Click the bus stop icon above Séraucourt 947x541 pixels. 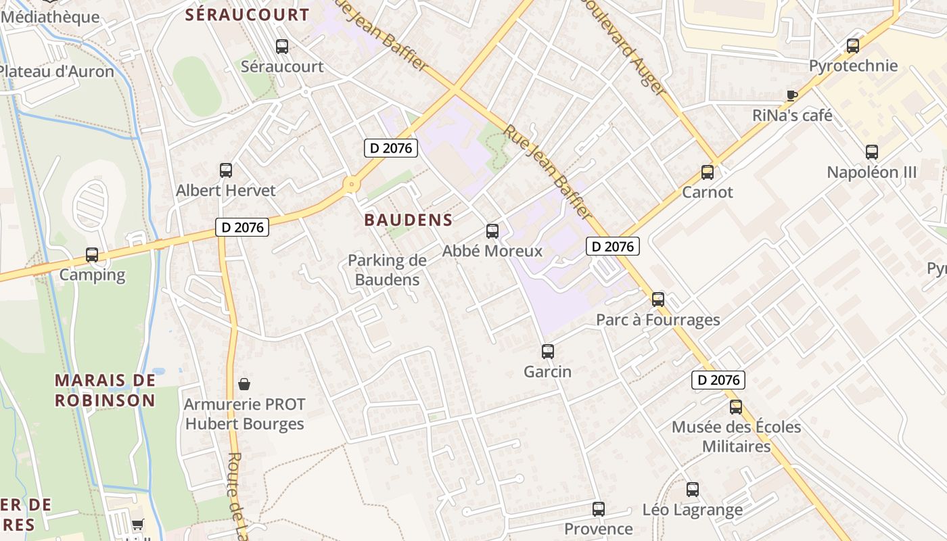click(282, 47)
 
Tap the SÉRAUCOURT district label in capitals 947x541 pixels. click(247, 15)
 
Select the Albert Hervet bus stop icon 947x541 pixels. click(226, 170)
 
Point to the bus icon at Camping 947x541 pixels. click(92, 255)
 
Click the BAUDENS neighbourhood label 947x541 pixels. click(408, 220)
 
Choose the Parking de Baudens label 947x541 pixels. click(387, 270)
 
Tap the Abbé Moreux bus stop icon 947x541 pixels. click(492, 231)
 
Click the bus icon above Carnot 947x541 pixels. click(708, 172)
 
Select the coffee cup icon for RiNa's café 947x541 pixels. click(792, 95)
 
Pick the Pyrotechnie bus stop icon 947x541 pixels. click(853, 46)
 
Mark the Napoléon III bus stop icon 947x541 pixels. click(872, 152)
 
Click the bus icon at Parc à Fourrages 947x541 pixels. click(658, 300)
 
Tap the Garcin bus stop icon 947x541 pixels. click(548, 352)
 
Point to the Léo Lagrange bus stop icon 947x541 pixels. click(693, 490)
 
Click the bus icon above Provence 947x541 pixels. click(599, 509)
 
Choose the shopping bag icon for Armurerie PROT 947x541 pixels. click(244, 384)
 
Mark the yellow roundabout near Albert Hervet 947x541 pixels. click(351, 184)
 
